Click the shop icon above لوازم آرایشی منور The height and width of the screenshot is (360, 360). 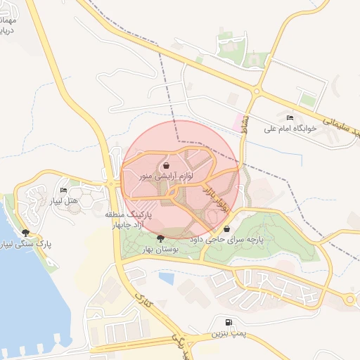tap(166, 166)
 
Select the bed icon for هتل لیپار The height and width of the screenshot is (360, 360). tap(64, 190)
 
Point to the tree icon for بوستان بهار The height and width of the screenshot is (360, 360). tap(161, 238)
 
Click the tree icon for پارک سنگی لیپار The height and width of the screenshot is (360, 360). tap(26, 232)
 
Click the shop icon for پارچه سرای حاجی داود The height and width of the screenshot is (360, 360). tap(226, 229)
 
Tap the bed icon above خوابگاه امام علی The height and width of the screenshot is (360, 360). tap(290, 117)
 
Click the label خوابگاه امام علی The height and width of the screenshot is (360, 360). tap(290, 128)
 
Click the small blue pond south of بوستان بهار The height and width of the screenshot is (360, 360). tap(167, 278)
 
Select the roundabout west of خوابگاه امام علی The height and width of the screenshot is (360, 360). tap(258, 91)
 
